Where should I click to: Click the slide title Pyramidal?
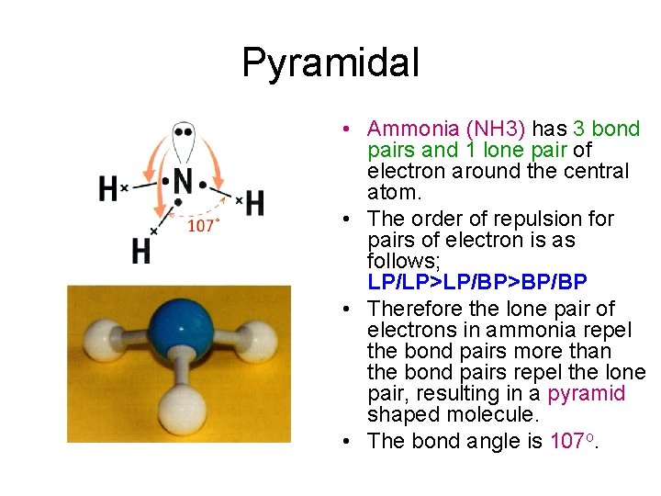330,63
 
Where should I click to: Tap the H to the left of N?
107,189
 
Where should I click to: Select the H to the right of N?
254,203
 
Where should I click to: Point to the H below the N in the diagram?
140,250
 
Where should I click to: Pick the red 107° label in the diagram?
202,226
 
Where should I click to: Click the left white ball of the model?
96,337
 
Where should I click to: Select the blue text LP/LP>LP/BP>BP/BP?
476,281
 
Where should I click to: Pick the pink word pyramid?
587,394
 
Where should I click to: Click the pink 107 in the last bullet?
566,441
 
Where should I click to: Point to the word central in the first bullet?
597,171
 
